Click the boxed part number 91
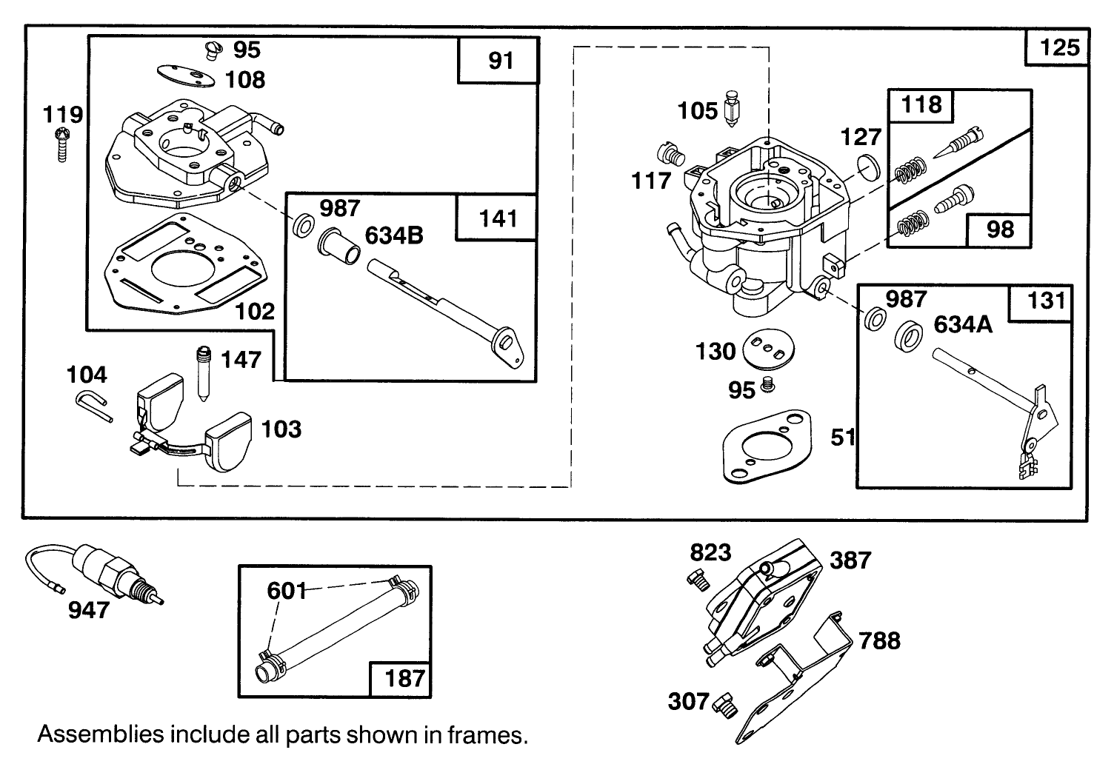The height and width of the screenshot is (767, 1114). point(501,60)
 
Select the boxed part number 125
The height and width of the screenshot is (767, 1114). point(1059,47)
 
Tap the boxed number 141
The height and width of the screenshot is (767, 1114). point(498,218)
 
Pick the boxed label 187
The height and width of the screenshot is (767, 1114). point(404,677)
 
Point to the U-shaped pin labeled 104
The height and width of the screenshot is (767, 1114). point(93,406)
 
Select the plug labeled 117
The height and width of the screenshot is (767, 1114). point(670,155)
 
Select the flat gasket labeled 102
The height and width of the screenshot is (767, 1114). point(182,267)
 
